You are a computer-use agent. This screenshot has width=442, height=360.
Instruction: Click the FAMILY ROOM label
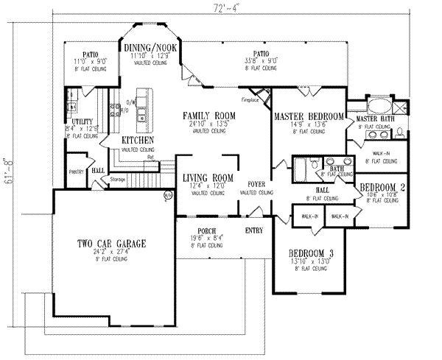tap(206, 115)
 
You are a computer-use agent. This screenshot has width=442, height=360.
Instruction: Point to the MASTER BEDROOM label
tap(309, 117)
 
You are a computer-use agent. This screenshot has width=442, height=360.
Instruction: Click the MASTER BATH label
tap(376, 119)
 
